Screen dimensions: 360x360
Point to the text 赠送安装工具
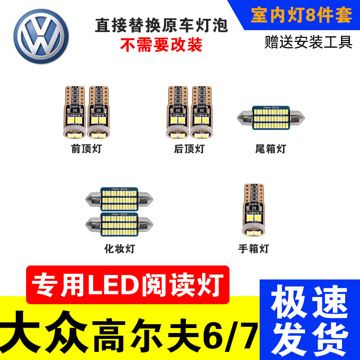tap(308, 43)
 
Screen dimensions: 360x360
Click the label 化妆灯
tap(119, 248)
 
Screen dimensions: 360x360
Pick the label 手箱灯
tap(253, 248)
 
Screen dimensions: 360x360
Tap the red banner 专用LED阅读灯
tap(128, 284)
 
